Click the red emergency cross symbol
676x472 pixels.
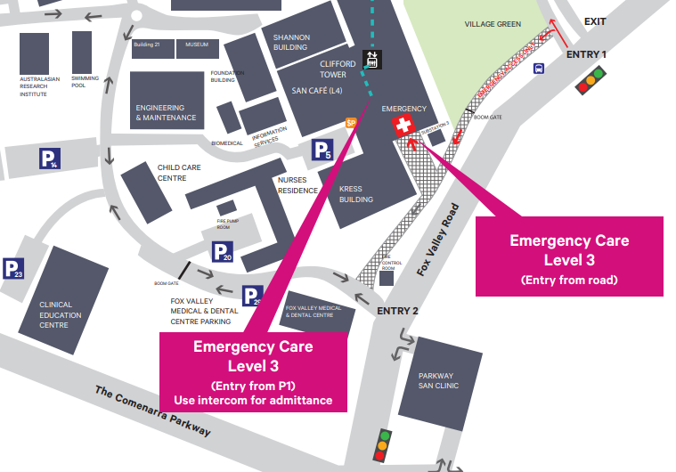coord(404,126)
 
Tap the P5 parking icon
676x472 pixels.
coord(322,151)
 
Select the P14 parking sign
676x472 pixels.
coord(49,159)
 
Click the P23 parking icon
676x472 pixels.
coord(13,269)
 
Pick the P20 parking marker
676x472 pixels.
coord(223,252)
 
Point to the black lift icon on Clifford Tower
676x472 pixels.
coord(371,61)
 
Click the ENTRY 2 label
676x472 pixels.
coord(397,311)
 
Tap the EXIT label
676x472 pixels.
coord(594,20)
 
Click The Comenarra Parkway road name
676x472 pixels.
coord(152,411)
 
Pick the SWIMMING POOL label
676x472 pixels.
coord(86,82)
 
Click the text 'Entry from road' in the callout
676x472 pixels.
coord(569,280)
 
